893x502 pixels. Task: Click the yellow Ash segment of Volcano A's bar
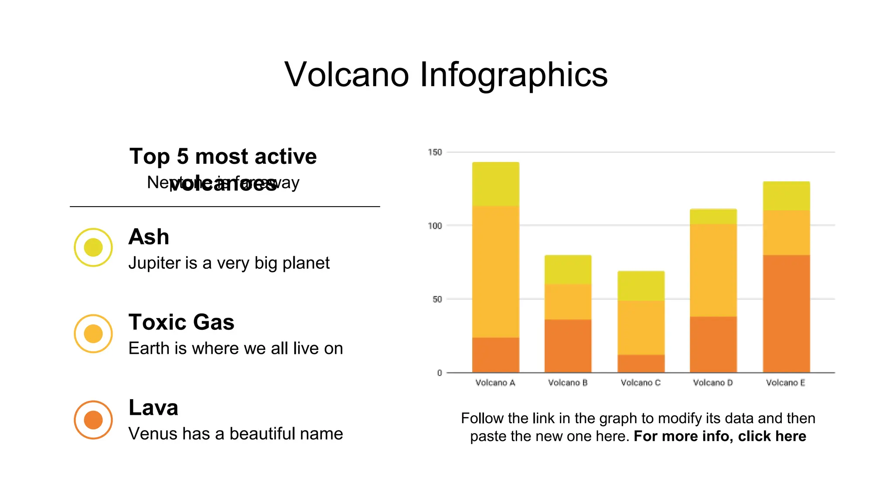pos(495,184)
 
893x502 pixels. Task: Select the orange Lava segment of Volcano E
pos(786,314)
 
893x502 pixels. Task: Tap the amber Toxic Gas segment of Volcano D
pos(713,270)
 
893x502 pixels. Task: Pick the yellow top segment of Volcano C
pos(641,286)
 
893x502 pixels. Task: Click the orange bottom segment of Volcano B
pos(568,346)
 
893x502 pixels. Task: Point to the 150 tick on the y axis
pos(435,152)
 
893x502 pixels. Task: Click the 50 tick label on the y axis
pos(437,299)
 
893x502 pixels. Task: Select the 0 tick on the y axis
pos(440,373)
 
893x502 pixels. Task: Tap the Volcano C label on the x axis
pos(641,383)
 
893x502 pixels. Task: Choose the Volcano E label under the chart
pos(786,383)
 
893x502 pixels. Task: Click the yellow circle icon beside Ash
pos(93,248)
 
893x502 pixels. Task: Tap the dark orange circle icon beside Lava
pos(93,420)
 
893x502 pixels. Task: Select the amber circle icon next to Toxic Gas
pos(93,334)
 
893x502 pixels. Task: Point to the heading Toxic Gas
pos(181,322)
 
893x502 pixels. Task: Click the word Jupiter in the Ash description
pos(154,263)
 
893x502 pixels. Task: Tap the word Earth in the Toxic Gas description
pos(149,349)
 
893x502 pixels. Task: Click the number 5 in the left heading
pos(183,156)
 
